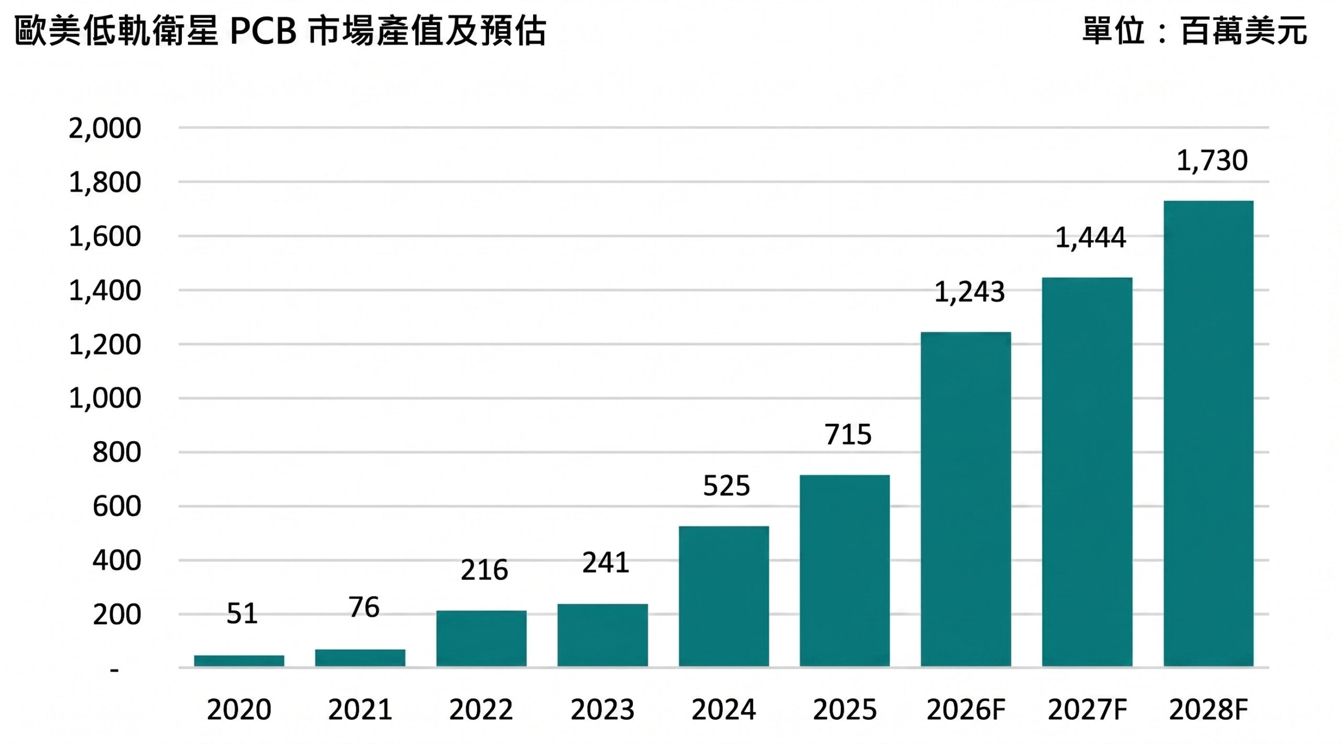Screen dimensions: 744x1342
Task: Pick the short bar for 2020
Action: point(239,661)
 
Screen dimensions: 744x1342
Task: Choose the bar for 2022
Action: point(481,639)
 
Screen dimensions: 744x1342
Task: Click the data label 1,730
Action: point(1211,161)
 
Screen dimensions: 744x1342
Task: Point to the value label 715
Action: point(848,434)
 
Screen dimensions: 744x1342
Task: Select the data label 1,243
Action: point(969,292)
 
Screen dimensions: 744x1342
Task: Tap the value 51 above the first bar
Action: point(242,613)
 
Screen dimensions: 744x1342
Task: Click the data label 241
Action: point(605,563)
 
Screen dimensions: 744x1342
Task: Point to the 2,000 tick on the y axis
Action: point(105,128)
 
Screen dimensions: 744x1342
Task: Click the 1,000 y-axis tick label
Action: point(105,398)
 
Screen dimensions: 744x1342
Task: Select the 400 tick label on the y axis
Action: point(116,560)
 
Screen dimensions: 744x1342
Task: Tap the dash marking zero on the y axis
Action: point(114,670)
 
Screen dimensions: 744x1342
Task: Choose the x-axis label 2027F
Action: point(1087,710)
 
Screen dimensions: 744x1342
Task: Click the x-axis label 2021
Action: point(360,710)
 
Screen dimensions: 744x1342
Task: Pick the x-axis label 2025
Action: point(845,710)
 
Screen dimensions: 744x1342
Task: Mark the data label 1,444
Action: point(1090,238)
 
